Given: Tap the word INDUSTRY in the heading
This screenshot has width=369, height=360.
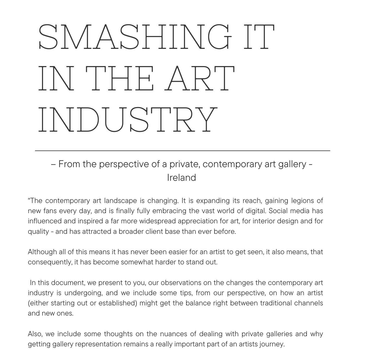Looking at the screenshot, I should pos(128,119).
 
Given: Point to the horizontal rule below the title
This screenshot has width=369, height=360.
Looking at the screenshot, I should pos(182,151).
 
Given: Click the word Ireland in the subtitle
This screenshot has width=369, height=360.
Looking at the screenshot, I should pos(181,178).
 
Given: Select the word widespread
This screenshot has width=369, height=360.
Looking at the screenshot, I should pos(157,221).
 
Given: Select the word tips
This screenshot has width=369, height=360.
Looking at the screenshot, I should pos(186,293).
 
